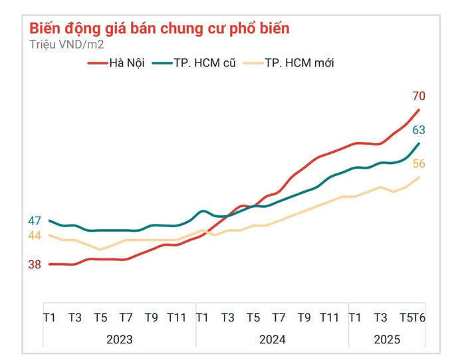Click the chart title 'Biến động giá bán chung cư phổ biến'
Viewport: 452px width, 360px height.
(x=160, y=29)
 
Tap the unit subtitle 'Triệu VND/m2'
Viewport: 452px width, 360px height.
(x=66, y=45)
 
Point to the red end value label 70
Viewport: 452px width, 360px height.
(x=418, y=96)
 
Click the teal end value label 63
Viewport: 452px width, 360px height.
(x=418, y=130)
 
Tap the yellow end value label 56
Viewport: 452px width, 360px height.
(x=418, y=165)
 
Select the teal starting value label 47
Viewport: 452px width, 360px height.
(x=35, y=221)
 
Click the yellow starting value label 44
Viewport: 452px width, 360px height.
(x=35, y=236)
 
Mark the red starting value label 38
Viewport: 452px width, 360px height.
(x=35, y=264)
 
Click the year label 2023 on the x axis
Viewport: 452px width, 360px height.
(x=120, y=339)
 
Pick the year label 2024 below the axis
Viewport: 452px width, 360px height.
(x=273, y=339)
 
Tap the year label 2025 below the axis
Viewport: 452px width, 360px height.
(x=387, y=339)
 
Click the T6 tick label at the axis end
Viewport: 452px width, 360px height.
(x=419, y=318)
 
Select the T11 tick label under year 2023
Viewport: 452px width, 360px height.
(x=177, y=318)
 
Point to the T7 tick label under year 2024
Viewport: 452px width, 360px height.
(x=279, y=318)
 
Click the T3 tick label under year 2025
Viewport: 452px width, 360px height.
(x=380, y=318)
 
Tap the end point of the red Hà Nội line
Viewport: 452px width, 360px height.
(x=419, y=110)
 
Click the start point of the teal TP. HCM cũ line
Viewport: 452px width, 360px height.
(x=50, y=221)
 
